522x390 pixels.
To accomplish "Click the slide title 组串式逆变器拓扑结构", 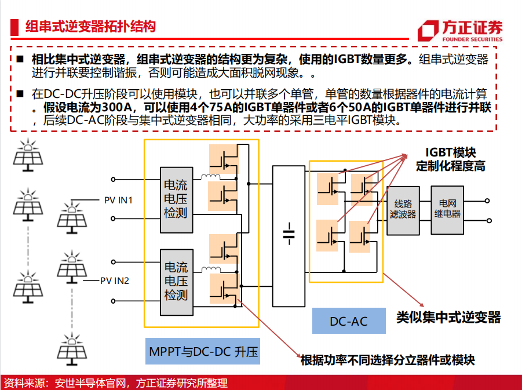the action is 90,27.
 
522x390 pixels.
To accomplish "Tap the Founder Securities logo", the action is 460,31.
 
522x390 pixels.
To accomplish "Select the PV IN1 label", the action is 119,200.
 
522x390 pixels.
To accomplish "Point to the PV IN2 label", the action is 115,280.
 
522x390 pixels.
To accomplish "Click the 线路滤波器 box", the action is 403,210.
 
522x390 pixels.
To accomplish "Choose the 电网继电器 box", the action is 447,210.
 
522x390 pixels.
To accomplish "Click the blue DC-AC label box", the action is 349,320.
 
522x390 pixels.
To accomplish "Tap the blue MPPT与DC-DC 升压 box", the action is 203,351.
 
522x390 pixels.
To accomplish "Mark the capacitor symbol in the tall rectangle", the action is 289,234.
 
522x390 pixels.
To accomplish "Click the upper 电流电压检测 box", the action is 177,200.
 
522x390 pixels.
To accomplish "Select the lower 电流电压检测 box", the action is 177,282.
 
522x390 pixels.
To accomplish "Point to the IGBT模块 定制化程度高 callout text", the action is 450,159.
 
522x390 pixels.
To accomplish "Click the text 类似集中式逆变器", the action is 448,317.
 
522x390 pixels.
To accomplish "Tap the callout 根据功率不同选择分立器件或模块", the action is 388,360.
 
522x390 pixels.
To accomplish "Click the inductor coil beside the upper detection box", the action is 210,177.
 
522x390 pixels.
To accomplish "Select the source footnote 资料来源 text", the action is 116,382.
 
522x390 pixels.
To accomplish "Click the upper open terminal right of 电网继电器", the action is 487,201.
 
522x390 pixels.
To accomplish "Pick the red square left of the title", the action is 14,27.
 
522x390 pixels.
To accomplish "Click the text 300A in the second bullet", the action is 115,107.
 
